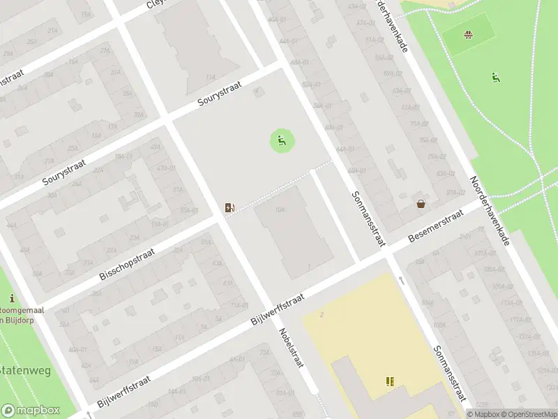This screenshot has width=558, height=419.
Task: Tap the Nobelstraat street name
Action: (292, 349)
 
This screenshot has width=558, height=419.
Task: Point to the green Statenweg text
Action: (25, 370)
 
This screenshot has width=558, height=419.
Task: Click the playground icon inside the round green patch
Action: (282, 142)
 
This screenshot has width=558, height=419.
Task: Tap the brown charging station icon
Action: (229, 207)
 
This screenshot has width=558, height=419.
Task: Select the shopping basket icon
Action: (421, 204)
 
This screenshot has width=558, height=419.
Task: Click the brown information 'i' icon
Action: (12, 299)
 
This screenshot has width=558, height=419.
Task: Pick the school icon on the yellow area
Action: (390, 381)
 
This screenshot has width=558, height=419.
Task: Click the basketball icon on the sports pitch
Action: (469, 34)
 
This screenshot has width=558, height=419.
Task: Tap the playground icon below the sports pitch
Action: (495, 77)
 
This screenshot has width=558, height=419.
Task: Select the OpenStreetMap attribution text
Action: (527, 414)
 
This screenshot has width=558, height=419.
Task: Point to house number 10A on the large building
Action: (279, 209)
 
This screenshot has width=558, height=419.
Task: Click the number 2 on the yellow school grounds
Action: (322, 315)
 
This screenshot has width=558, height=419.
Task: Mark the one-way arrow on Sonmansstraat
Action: (402, 280)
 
